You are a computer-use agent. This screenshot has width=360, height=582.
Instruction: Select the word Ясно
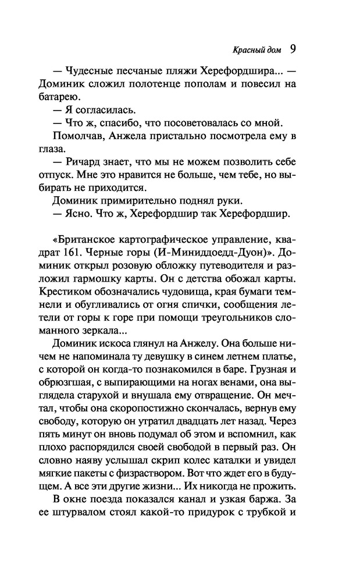83,216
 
